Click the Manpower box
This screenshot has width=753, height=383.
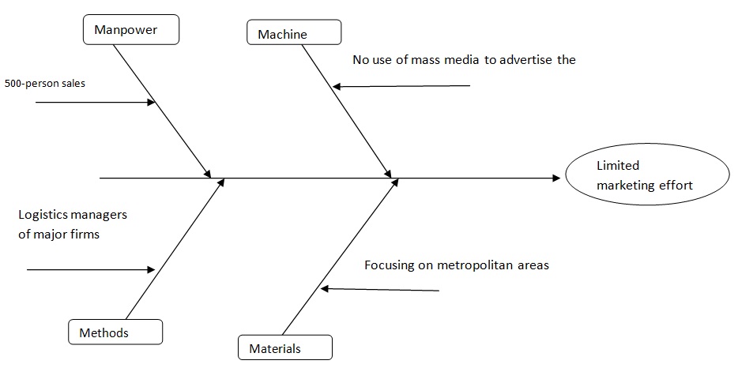pyautogui.click(x=131, y=31)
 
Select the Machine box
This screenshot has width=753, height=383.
pyautogui.click(x=294, y=33)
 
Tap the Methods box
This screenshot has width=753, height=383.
pyautogui.click(x=115, y=332)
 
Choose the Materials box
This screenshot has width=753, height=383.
pyautogui.click(x=284, y=347)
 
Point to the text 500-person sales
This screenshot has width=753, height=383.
pyautogui.click(x=45, y=83)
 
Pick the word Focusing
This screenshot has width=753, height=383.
pyautogui.click(x=389, y=265)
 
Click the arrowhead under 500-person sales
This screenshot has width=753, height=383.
pyautogui.click(x=152, y=102)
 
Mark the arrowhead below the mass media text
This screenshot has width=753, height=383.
pyautogui.click(x=337, y=87)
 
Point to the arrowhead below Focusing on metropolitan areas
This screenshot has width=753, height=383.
pyautogui.click(x=325, y=289)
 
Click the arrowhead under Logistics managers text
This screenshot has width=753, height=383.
pyautogui.click(x=152, y=270)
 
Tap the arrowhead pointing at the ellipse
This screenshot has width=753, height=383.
pyautogui.click(x=555, y=178)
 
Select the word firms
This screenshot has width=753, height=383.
pyautogui.click(x=84, y=234)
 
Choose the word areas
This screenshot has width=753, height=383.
pyautogui.click(x=533, y=265)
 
